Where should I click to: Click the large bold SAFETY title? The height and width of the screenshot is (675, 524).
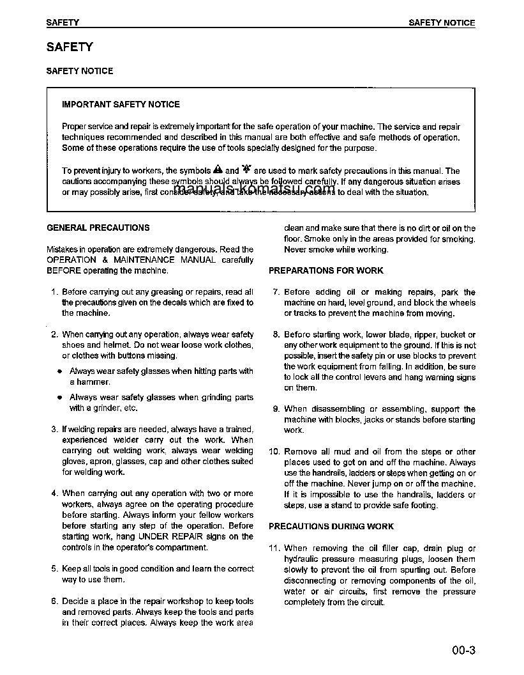click(x=70, y=47)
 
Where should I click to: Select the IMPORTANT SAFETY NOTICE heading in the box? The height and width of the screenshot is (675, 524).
click(x=121, y=104)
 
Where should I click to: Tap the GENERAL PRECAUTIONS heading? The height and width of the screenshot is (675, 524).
click(x=98, y=228)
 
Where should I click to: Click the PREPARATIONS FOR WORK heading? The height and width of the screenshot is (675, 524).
click(x=326, y=270)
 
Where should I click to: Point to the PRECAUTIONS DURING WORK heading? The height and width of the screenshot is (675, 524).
click(x=331, y=527)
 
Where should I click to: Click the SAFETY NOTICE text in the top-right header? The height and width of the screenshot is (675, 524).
click(x=442, y=22)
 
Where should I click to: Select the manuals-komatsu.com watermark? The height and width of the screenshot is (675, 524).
click(x=254, y=188)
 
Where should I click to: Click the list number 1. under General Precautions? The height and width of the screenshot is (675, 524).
click(x=54, y=292)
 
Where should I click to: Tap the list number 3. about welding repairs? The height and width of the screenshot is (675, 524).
click(x=54, y=430)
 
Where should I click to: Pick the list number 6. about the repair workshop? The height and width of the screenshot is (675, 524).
click(x=54, y=601)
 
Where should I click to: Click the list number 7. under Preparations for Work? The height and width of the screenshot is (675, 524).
click(x=276, y=292)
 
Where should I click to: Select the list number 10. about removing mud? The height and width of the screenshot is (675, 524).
click(x=274, y=452)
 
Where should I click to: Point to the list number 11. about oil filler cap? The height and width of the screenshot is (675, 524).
click(x=274, y=548)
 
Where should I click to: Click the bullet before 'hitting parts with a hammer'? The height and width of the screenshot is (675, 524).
click(x=59, y=371)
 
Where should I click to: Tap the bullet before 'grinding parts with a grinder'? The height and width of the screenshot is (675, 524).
click(x=59, y=398)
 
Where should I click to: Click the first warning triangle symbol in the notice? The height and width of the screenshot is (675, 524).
click(x=218, y=171)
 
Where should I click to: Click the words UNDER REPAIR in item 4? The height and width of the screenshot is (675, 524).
click(x=167, y=537)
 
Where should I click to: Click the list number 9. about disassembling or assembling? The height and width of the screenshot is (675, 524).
click(x=276, y=409)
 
